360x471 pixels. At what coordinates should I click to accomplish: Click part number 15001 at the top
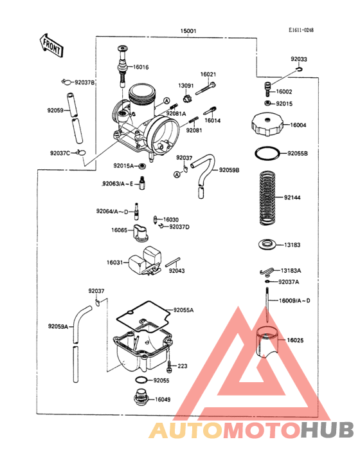pos(189,30)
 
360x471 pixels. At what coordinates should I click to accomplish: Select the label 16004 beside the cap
pos(298,125)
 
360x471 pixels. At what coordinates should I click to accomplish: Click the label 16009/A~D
pos(294,300)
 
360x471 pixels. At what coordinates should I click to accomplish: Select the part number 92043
pos(177,271)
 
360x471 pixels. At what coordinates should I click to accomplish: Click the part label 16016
pos(141,67)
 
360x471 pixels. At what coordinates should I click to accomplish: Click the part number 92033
pos(298,59)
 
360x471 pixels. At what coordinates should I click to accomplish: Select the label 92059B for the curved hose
pos(228,170)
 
